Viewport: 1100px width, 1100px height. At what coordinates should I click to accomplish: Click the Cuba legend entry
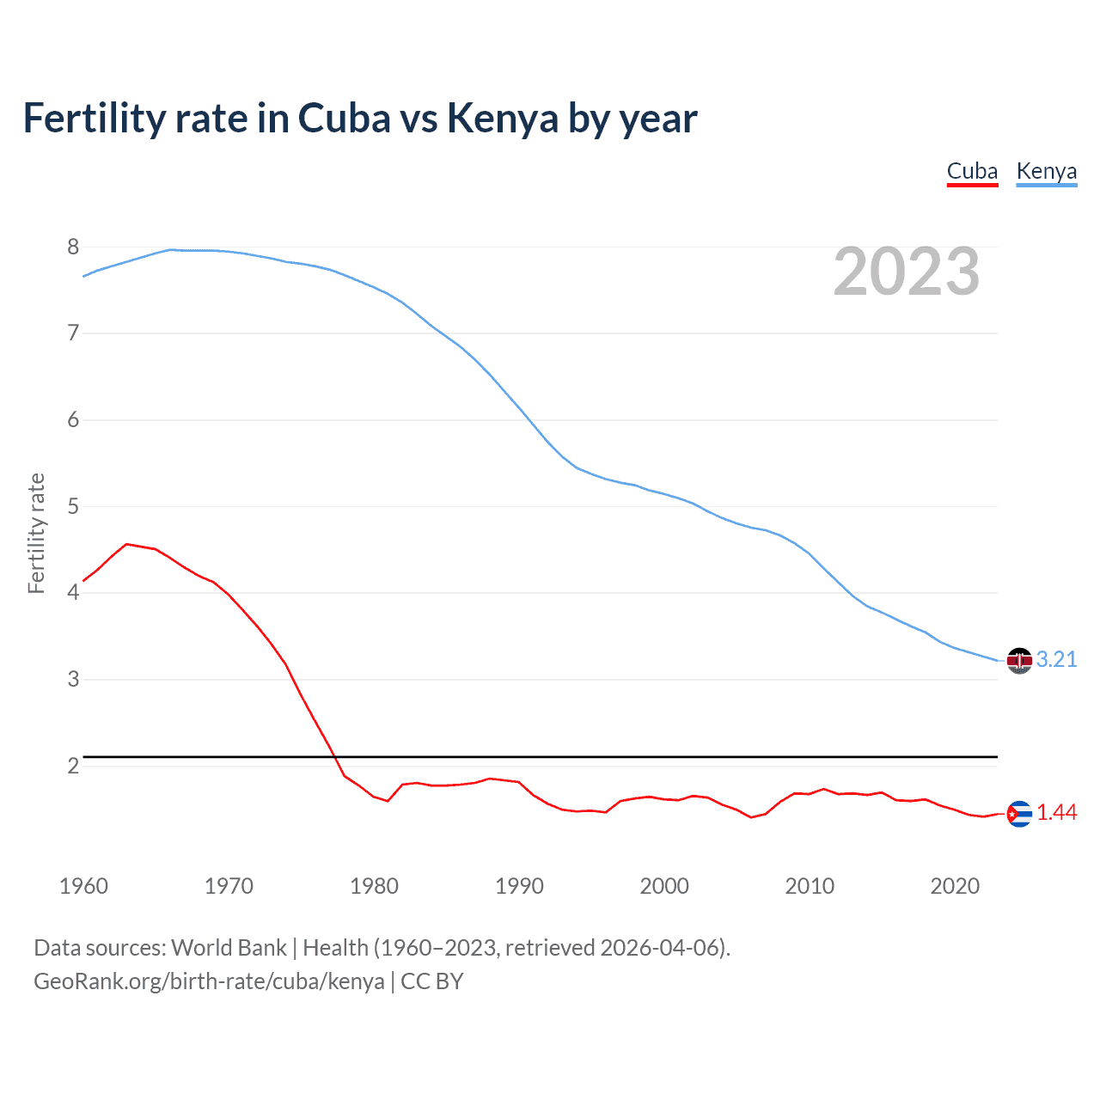(x=972, y=172)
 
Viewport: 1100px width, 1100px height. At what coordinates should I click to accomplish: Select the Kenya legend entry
(x=1046, y=172)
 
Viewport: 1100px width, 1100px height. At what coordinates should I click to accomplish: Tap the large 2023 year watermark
(x=907, y=272)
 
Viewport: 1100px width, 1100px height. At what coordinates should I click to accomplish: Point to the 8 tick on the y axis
(x=73, y=247)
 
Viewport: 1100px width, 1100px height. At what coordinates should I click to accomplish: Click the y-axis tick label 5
(x=73, y=506)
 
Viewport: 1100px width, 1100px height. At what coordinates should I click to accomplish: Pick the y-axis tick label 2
(x=73, y=766)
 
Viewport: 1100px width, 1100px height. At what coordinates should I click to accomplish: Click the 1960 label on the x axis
(x=83, y=886)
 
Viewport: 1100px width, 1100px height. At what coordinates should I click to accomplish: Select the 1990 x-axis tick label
(x=519, y=886)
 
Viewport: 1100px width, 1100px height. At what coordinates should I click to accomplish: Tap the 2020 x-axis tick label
(x=955, y=886)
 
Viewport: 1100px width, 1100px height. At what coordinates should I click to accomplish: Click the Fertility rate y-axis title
(x=36, y=533)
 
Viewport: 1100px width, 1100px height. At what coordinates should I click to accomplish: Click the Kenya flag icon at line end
(x=1019, y=660)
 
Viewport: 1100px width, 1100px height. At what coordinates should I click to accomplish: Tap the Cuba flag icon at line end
(x=1019, y=813)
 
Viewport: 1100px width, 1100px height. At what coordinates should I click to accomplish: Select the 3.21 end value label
(x=1056, y=659)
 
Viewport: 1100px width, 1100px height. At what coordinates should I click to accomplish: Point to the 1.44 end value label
(x=1056, y=812)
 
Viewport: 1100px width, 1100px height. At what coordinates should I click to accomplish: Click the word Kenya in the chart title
(x=503, y=119)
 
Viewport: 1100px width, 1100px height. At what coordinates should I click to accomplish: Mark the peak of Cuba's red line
(x=126, y=544)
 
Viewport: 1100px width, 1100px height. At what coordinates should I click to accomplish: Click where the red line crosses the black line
(x=333, y=756)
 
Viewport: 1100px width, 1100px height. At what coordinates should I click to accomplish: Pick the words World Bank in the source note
(x=229, y=948)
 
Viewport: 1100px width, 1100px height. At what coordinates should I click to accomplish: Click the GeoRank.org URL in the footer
(x=209, y=981)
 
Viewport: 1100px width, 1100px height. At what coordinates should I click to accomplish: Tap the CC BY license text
(x=432, y=981)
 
